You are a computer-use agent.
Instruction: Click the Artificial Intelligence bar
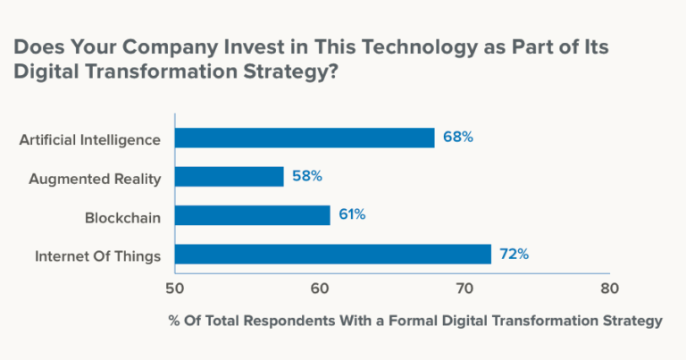[305, 138]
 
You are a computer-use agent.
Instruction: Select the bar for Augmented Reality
[229, 177]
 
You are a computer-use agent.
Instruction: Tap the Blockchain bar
[252, 215]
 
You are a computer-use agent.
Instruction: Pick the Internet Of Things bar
[332, 255]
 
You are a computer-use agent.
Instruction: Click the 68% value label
[457, 138]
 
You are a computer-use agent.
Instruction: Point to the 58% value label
[306, 177]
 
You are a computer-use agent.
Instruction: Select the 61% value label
[352, 215]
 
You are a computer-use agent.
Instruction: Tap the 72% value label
[514, 255]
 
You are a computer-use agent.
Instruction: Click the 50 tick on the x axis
[175, 289]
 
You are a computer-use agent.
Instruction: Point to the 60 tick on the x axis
[320, 289]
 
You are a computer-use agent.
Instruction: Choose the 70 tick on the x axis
[464, 289]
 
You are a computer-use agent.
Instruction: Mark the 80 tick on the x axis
[608, 289]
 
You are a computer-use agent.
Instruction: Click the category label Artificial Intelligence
[89, 139]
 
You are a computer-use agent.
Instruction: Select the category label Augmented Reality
[95, 179]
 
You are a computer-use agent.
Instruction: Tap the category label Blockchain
[122, 217]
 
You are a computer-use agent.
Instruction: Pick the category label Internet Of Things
[97, 256]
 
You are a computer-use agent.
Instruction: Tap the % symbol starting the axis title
[173, 321]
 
